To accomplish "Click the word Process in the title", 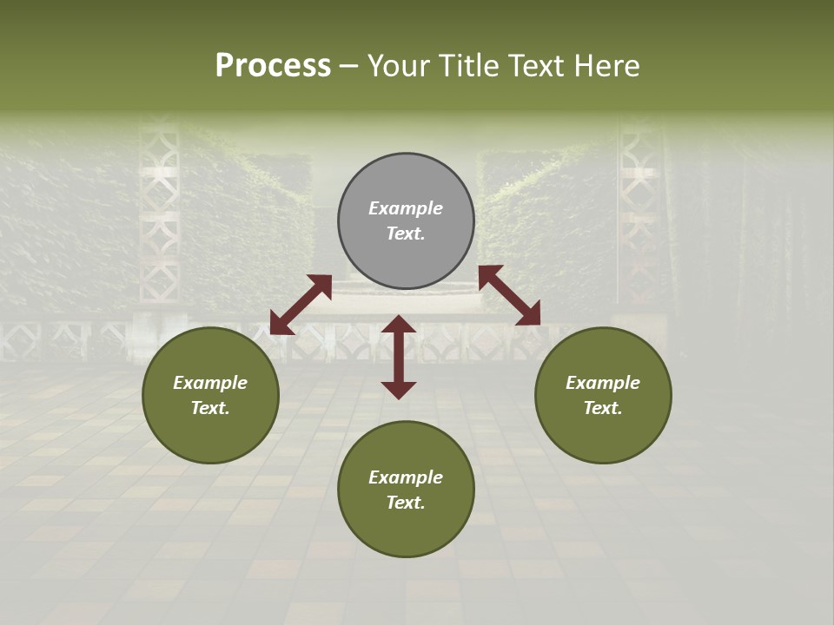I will tap(273, 66).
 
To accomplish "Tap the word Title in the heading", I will tap(468, 66).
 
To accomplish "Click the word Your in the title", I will tap(400, 66).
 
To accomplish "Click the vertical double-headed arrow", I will tap(399, 357).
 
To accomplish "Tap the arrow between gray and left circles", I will tap(301, 305).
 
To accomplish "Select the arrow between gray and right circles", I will tap(509, 295).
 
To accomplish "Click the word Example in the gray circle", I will tap(406, 208).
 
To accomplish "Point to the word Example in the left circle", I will tap(210, 383).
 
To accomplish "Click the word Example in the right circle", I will tap(603, 383).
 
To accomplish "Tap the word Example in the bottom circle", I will tap(406, 477).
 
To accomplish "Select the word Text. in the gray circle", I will tap(406, 234).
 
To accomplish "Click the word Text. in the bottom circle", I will tap(406, 503).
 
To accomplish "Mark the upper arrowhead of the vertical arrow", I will tap(399, 325).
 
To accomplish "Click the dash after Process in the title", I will tap(349, 66).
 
